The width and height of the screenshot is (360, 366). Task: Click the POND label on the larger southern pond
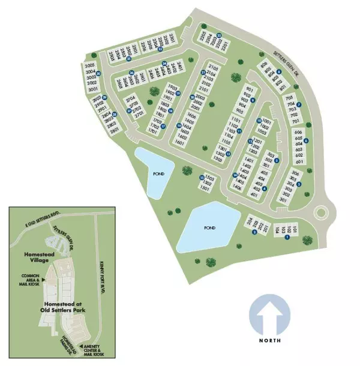coord(209,228)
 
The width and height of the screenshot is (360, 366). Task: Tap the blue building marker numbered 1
coord(287,238)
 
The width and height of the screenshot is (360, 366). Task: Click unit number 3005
coord(90,65)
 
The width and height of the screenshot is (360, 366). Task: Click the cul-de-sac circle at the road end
coord(321,212)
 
